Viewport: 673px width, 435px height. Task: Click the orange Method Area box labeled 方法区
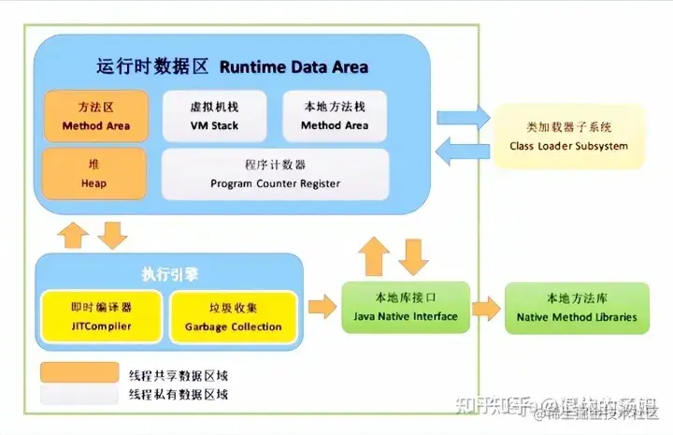(x=95, y=115)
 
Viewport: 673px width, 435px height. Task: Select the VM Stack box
(x=215, y=115)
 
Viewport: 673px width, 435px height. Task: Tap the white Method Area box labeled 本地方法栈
(x=335, y=115)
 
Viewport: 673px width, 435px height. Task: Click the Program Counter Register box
(x=275, y=174)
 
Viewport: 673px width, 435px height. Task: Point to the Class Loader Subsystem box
(x=568, y=137)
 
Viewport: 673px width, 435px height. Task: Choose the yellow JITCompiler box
(x=101, y=316)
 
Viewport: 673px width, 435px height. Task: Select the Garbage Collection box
(x=233, y=316)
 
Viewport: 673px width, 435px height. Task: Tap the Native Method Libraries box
(x=576, y=308)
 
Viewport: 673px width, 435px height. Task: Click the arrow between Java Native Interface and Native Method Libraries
(x=484, y=308)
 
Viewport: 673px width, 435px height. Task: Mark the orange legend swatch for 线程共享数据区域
(x=79, y=373)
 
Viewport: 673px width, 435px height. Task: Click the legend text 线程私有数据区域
(x=178, y=395)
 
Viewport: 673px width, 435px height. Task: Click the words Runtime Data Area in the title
(x=294, y=66)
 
